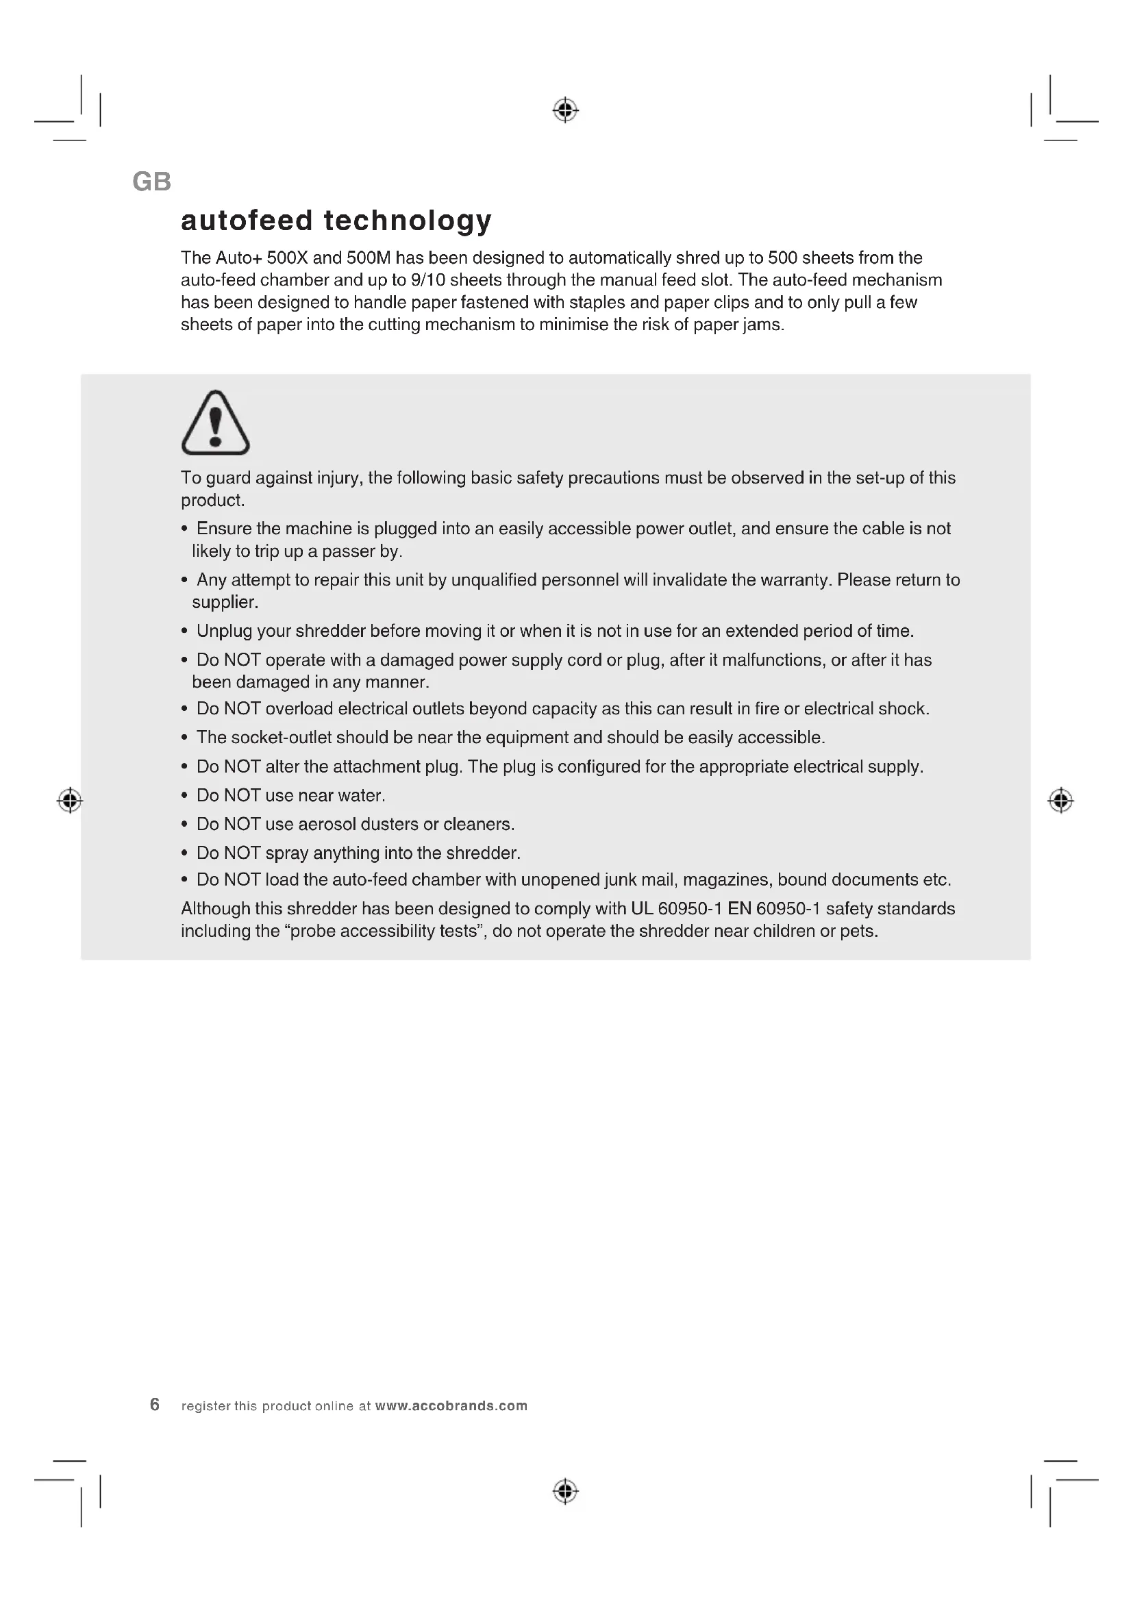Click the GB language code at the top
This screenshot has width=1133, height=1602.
pyautogui.click(x=151, y=182)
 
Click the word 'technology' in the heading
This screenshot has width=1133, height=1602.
pyautogui.click(x=408, y=221)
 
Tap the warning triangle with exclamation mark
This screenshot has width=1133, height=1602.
pyautogui.click(x=216, y=423)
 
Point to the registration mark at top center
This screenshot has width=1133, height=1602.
pyautogui.click(x=566, y=110)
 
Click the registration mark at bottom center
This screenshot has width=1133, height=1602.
pyautogui.click(x=566, y=1491)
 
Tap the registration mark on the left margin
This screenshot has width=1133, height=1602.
pyautogui.click(x=70, y=800)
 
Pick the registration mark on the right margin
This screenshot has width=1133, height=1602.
pyautogui.click(x=1060, y=800)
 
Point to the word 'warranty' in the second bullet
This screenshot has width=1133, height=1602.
pyautogui.click(x=797, y=580)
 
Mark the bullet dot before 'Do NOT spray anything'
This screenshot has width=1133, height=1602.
pyautogui.click(x=184, y=853)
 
